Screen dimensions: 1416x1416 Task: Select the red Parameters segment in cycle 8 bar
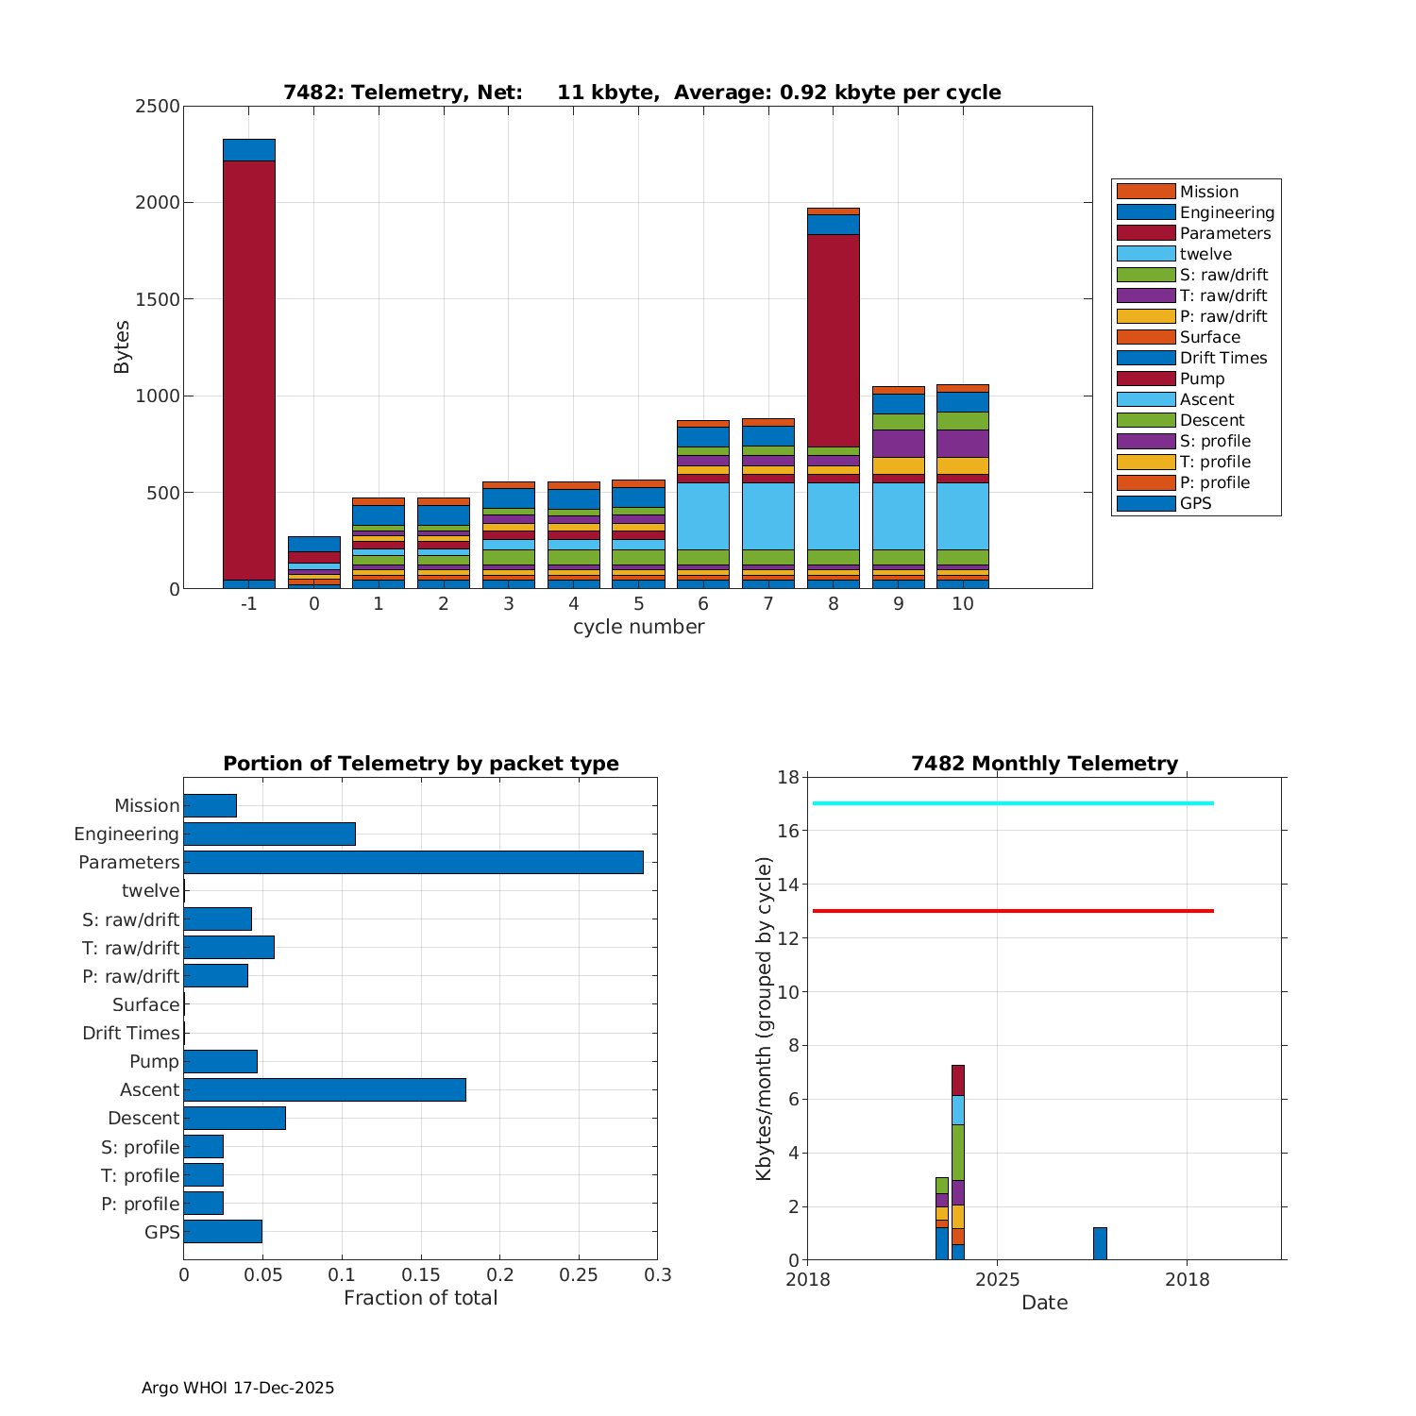pos(833,340)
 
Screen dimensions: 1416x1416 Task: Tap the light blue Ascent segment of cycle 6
pos(702,515)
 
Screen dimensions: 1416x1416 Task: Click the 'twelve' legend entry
pos(1205,254)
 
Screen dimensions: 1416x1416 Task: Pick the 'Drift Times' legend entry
pos(1222,358)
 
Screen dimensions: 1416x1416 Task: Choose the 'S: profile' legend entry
pos(1214,441)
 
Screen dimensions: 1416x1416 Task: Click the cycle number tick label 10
pos(962,603)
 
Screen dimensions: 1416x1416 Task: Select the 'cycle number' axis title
pos(638,627)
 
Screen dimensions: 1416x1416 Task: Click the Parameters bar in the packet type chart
pos(413,862)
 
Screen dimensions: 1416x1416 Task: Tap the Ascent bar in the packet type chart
pos(324,1089)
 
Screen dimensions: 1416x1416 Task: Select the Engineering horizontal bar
pos(269,834)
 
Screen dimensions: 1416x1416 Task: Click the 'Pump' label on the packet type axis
pos(154,1061)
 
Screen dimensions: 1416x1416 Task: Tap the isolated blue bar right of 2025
pos(1100,1243)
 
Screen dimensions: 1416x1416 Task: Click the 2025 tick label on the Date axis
pos(997,1279)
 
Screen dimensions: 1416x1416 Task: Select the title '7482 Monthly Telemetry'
pos(1044,764)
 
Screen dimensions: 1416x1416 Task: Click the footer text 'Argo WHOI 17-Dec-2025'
pos(238,1388)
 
